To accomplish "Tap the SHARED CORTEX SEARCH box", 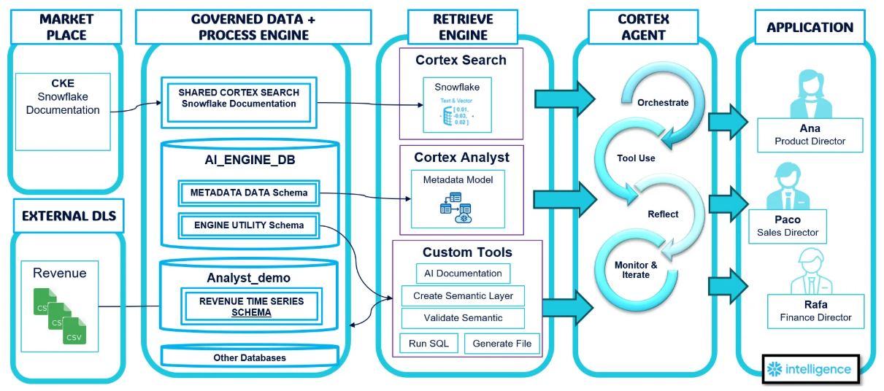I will click(x=239, y=98).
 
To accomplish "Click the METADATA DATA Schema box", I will click(x=248, y=193).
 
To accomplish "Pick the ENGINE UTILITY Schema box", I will click(x=248, y=225).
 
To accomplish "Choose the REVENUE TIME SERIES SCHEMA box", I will click(x=251, y=306).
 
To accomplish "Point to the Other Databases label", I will click(x=250, y=357).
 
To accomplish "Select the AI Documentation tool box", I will click(x=463, y=274).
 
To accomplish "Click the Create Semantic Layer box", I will click(x=463, y=296).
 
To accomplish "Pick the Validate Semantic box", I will click(x=463, y=318).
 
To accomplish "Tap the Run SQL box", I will click(x=428, y=344).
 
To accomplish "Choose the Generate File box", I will click(x=502, y=344).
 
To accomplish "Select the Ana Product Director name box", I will click(x=810, y=135).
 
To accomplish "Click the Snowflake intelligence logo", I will click(x=810, y=369).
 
